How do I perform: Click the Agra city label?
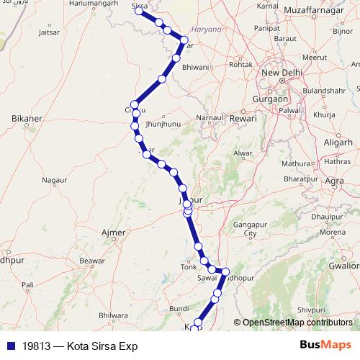334,180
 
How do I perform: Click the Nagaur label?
55,179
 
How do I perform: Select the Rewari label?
243,117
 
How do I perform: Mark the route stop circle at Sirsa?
139,12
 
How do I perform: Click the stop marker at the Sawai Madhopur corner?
225,272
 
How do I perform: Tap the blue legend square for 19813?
8,346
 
